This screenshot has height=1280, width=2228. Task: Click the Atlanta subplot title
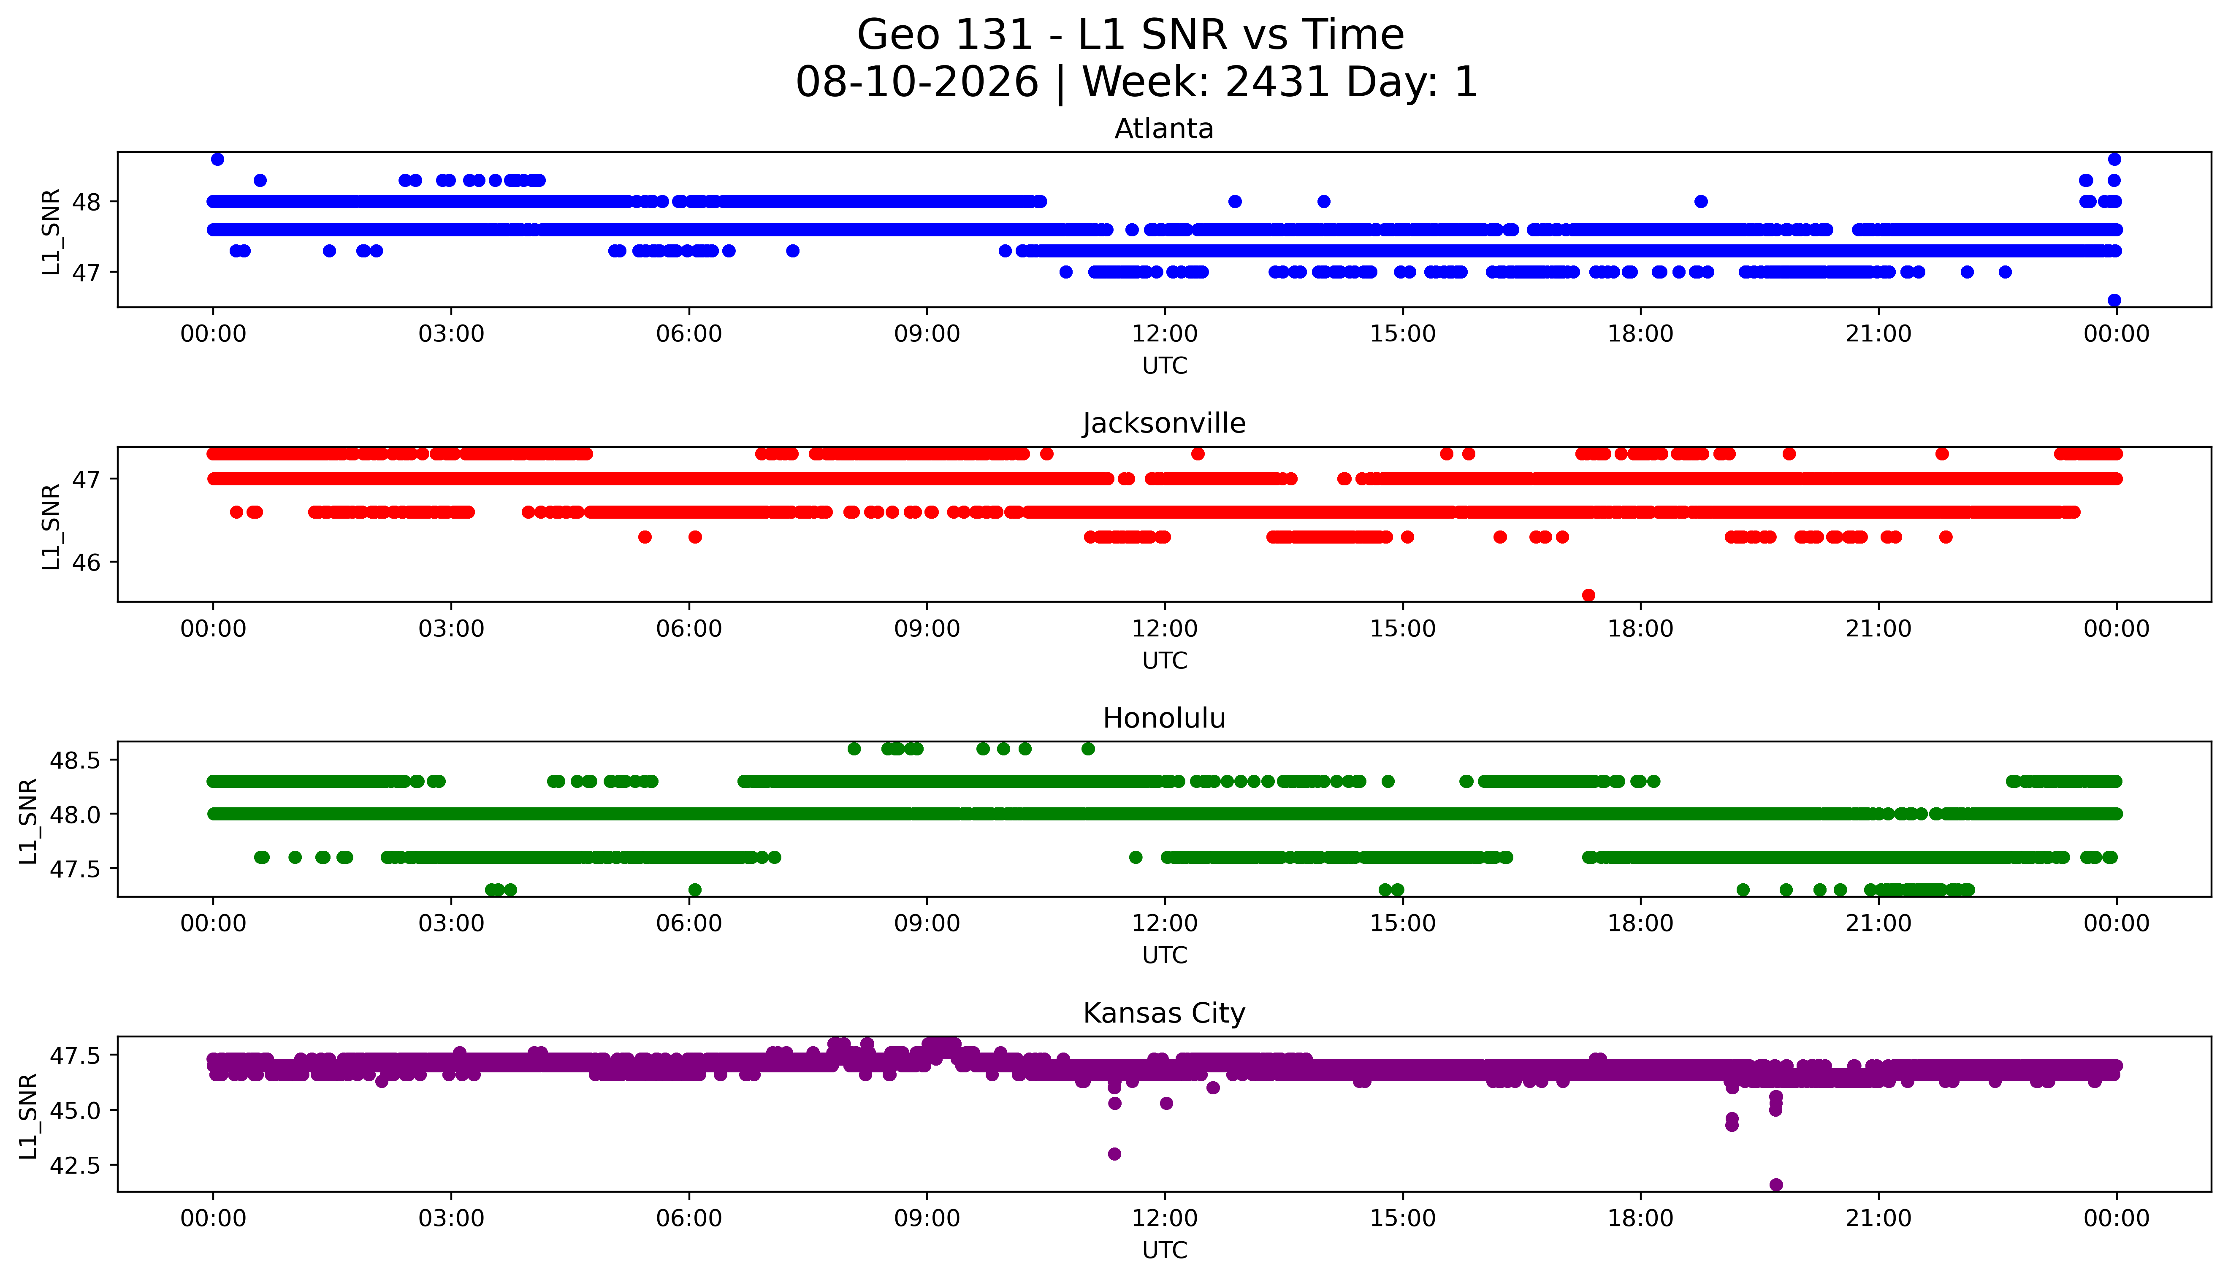click(x=1164, y=129)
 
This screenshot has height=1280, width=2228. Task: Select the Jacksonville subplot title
click(x=1164, y=424)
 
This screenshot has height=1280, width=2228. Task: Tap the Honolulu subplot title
click(x=1164, y=718)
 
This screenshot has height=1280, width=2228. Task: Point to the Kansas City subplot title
click(x=1164, y=1014)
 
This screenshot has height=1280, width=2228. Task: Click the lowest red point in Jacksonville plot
click(x=1588, y=595)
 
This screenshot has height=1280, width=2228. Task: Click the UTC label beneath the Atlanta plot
click(x=1164, y=366)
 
